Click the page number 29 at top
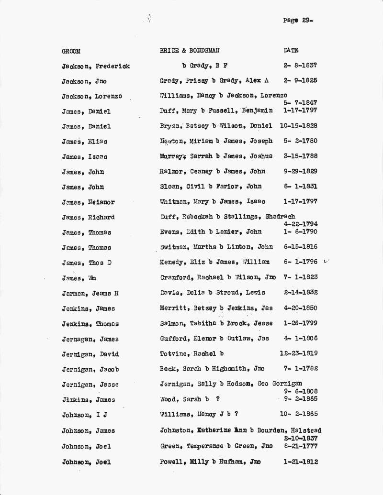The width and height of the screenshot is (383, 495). tap(298, 21)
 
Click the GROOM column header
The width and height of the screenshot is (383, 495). tap(71, 51)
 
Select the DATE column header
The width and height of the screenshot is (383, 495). tap(291, 50)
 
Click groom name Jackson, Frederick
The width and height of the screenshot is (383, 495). tap(95, 66)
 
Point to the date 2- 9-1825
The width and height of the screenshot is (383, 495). tap(300, 80)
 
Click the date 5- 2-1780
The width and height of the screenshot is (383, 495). tap(300, 141)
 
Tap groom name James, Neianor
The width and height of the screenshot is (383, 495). tap(88, 202)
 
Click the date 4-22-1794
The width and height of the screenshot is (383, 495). tap(300, 224)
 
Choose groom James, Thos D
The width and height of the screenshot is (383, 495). tap(86, 263)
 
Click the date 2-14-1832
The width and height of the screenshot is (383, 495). tap(300, 292)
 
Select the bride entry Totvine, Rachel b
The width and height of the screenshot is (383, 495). tap(191, 354)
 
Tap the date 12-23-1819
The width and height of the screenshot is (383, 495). tap(298, 353)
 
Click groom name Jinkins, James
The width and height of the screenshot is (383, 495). tap(88, 400)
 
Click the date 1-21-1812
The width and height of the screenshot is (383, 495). tap(300, 462)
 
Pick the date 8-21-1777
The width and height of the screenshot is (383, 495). tap(300, 446)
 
